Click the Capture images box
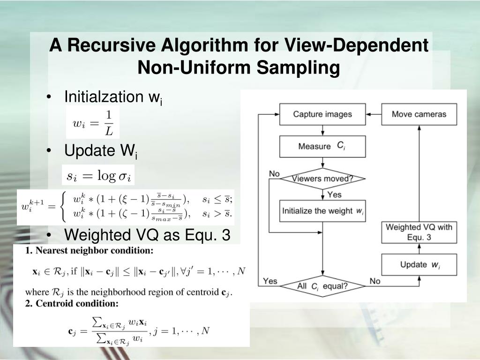click(x=322, y=114)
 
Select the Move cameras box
click(x=419, y=114)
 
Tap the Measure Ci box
click(x=322, y=146)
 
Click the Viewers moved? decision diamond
click(x=322, y=179)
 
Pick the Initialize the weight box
click(x=322, y=211)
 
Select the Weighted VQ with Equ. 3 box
click(x=419, y=232)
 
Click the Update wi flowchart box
click(x=419, y=265)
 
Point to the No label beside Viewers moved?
click(x=274, y=174)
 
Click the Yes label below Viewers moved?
click(x=334, y=194)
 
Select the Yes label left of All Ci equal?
click(x=270, y=281)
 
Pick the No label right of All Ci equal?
click(x=375, y=281)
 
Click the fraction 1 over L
click(x=108, y=122)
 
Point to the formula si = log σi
click(x=99, y=176)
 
